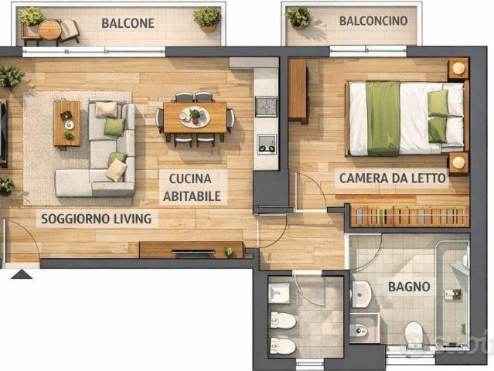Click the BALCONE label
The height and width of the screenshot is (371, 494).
[128, 23]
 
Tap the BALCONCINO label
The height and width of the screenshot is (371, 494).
[373, 21]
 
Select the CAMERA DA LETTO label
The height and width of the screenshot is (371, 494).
[393, 178]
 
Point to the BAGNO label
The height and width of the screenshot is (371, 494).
[409, 287]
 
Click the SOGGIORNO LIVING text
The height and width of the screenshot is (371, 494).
[97, 219]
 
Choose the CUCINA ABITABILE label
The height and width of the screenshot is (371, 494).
[192, 187]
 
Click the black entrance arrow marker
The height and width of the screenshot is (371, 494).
[21, 274]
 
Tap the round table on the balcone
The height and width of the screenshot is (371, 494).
[49, 29]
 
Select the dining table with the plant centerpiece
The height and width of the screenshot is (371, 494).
[195, 117]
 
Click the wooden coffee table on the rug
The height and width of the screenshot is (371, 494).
[66, 124]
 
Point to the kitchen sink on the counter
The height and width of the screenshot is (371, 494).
[266, 107]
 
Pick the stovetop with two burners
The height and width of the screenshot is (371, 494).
[267, 145]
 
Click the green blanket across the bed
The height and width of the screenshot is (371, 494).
[383, 118]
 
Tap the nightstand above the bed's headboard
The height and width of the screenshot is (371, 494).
[458, 68]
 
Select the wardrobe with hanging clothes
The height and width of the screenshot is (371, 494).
[410, 216]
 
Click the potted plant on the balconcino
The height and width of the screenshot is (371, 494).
[298, 16]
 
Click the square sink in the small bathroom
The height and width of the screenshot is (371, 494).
[279, 293]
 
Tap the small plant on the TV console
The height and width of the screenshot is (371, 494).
[229, 251]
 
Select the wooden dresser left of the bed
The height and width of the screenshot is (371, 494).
[298, 90]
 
